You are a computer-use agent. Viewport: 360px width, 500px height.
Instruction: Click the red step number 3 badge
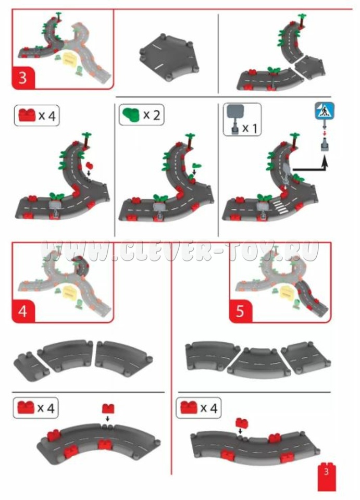point(23,78)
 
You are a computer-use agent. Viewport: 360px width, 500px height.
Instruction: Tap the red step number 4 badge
point(23,310)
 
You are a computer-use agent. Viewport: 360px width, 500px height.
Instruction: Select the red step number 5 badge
point(240,310)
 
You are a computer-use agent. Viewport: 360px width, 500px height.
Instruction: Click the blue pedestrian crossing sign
point(325,111)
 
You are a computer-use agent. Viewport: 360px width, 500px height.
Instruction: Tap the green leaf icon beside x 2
point(131,115)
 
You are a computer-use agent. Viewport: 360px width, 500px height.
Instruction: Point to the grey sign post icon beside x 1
point(235,119)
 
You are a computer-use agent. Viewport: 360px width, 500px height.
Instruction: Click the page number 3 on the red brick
point(326,472)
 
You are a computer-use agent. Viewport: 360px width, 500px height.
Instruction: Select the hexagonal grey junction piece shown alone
point(169,57)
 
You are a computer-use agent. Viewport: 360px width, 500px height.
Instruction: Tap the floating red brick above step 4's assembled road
point(108,408)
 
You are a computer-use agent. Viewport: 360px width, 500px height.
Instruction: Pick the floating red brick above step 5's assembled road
point(242,423)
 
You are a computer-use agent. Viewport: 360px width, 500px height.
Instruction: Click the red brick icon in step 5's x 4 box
point(189,407)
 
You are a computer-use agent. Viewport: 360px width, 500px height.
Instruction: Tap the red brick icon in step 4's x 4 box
point(26,407)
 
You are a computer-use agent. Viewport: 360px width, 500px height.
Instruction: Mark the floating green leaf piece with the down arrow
point(197,165)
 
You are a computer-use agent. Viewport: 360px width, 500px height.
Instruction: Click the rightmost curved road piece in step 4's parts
point(123,356)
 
